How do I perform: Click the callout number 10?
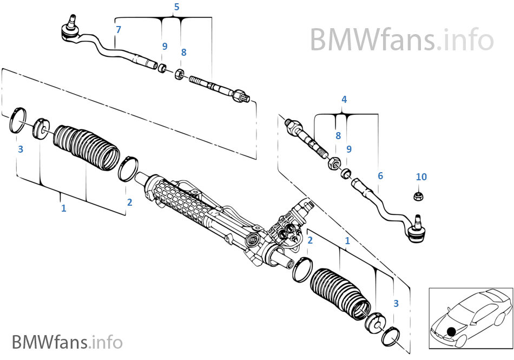[x=421, y=177]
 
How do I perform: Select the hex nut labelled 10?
[x=418, y=195]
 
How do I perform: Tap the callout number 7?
[x=118, y=29]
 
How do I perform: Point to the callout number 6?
[x=380, y=176]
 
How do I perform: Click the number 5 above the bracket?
[x=176, y=7]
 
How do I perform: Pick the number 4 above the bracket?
[x=344, y=100]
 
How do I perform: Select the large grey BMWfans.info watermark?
[x=401, y=39]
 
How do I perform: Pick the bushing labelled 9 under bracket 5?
[x=162, y=68]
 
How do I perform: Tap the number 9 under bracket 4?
[x=349, y=149]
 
